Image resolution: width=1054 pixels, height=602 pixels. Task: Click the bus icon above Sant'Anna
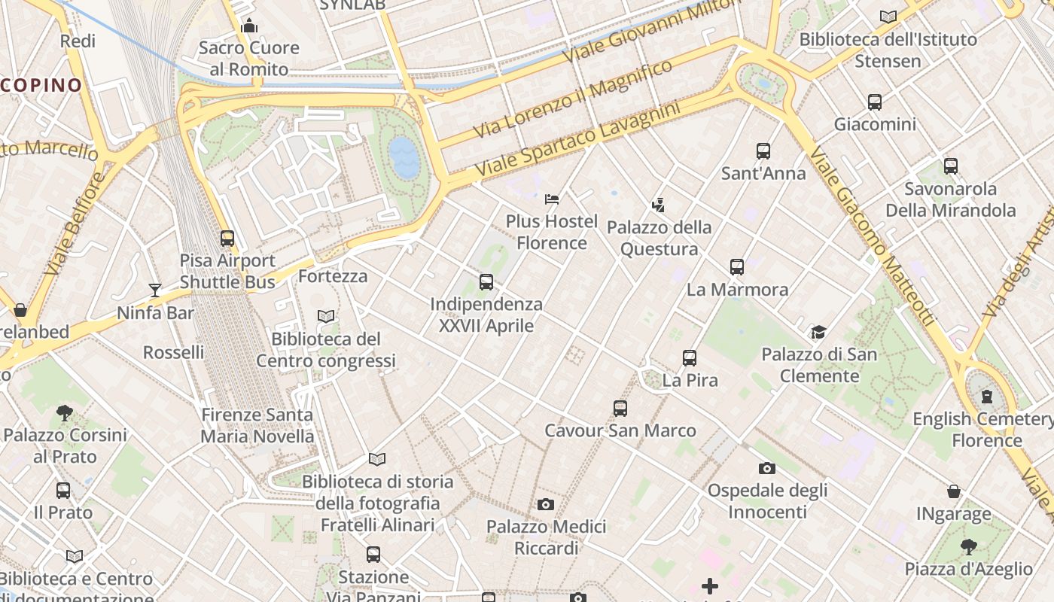coord(763,151)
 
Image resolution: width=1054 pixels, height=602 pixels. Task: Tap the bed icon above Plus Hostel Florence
coord(552,199)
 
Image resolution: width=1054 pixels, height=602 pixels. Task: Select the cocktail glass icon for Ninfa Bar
coord(155,290)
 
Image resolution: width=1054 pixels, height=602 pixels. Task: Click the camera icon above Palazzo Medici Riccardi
coord(546,504)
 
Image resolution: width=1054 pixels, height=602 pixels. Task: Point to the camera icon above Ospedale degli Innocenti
coord(767,468)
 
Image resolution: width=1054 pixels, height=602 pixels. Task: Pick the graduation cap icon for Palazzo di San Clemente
coord(818,332)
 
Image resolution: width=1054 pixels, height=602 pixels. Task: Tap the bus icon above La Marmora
coord(737,267)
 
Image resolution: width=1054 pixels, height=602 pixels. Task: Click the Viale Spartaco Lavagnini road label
coord(577,141)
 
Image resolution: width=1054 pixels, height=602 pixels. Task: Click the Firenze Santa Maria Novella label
coord(257,425)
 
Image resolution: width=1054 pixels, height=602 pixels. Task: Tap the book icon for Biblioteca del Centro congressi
coord(326,317)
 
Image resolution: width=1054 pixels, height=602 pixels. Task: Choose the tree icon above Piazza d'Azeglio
coord(968,547)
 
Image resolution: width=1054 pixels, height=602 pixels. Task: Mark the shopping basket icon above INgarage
coord(954,492)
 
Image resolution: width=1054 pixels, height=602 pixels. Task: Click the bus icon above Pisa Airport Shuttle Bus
coord(227,239)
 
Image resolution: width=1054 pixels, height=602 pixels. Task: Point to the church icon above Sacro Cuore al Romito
coord(249,26)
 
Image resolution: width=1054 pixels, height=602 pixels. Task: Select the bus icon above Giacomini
coord(875,102)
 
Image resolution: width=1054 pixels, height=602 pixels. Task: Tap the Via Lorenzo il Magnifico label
coord(573,99)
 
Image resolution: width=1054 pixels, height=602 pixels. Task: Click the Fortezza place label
coord(333,276)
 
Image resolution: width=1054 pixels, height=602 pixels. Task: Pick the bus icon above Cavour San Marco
coord(620,409)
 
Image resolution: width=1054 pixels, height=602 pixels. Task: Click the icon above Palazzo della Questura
coord(659,205)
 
